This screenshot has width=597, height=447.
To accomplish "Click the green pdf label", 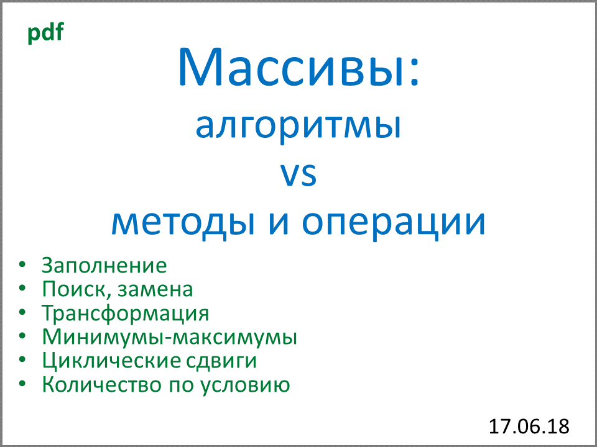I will click(45, 33).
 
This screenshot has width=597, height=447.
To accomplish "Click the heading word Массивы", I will click(289, 68).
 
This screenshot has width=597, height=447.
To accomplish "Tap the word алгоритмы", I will click(298, 126).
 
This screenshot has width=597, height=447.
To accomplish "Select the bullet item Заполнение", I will click(104, 266).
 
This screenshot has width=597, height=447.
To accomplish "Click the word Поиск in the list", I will click(68, 289).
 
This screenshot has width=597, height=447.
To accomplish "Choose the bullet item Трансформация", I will click(125, 314).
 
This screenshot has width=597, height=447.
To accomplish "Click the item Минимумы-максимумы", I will click(169, 338).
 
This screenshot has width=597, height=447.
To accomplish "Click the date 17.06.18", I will click(529, 427).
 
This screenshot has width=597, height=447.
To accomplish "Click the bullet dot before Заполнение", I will click(23, 265).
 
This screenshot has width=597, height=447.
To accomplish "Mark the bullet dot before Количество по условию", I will click(23, 384).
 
